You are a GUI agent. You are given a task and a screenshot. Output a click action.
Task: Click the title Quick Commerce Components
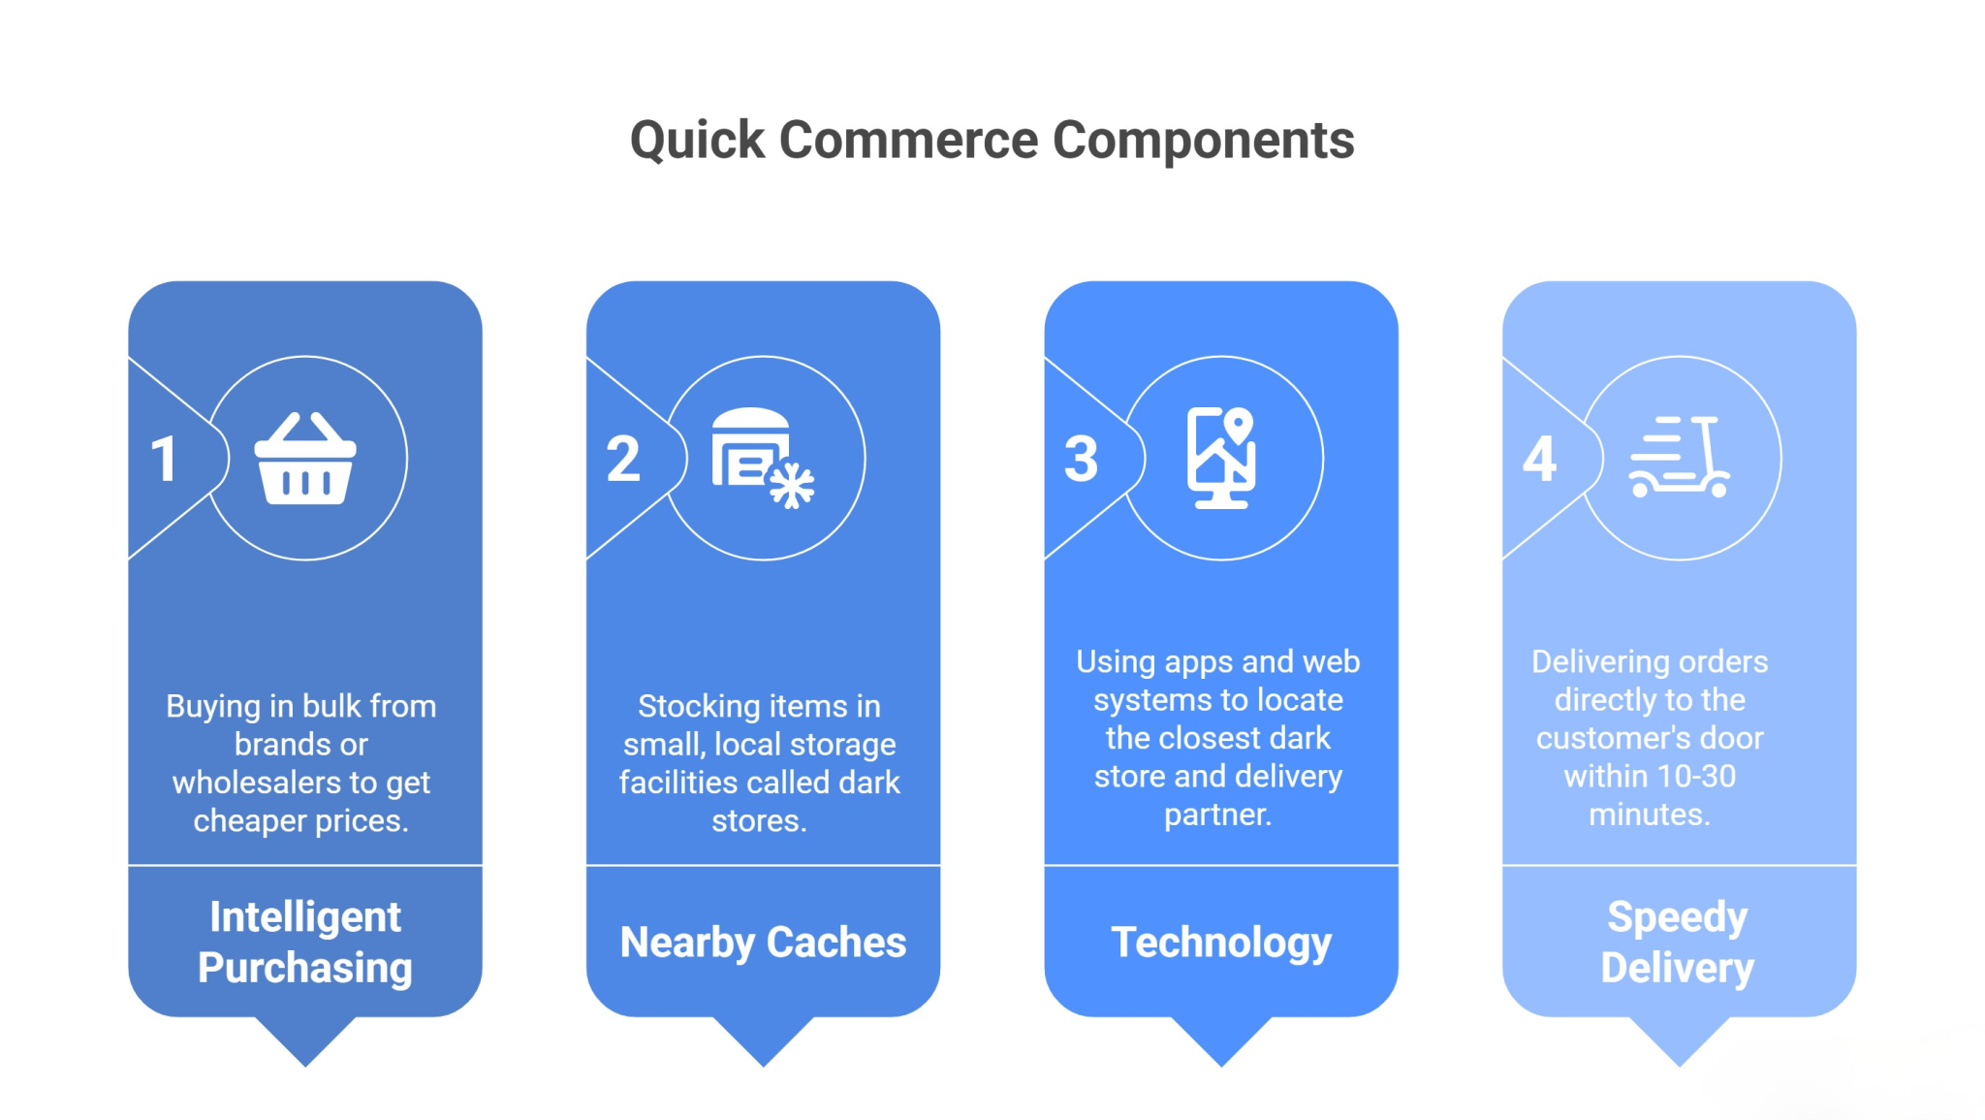pyautogui.click(x=992, y=140)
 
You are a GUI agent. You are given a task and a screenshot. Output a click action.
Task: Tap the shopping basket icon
pyautogui.click(x=305, y=459)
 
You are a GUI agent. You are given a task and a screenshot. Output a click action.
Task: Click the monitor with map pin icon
pyautogui.click(x=1221, y=459)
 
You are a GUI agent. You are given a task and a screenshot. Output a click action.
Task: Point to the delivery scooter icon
pyautogui.click(x=1679, y=459)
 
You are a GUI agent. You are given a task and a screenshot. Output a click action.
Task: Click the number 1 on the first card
pyautogui.click(x=164, y=460)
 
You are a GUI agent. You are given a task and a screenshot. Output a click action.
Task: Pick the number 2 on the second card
pyautogui.click(x=623, y=460)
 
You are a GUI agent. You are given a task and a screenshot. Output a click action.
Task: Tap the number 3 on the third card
pyautogui.click(x=1081, y=460)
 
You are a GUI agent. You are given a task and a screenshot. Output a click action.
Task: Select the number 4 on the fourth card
pyautogui.click(x=1539, y=460)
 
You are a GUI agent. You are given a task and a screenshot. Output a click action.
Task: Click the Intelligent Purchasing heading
pyautogui.click(x=305, y=942)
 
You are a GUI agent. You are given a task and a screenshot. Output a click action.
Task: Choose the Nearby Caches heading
pyautogui.click(x=763, y=943)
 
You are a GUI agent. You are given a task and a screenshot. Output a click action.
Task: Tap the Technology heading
pyautogui.click(x=1221, y=943)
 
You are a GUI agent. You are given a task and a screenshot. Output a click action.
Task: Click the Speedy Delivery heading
pyautogui.click(x=1678, y=942)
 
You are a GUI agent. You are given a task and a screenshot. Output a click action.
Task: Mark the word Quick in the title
pyautogui.click(x=697, y=141)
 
